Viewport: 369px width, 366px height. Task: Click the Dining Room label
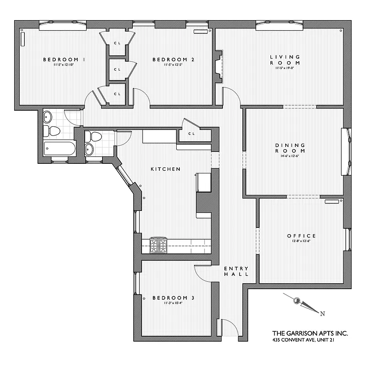pos(290,148)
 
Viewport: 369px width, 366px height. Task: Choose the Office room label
pos(302,236)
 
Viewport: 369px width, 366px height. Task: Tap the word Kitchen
pos(166,169)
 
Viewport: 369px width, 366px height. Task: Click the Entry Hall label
pos(236,271)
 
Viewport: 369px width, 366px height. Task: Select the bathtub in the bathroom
pos(59,148)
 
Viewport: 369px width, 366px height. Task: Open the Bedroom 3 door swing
pos(202,273)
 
